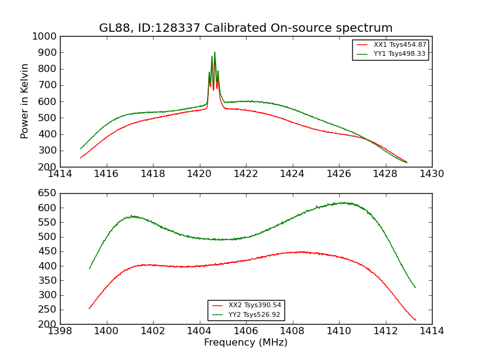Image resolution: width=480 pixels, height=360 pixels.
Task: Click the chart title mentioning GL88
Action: click(x=246, y=28)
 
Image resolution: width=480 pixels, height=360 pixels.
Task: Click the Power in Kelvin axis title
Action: click(x=25, y=101)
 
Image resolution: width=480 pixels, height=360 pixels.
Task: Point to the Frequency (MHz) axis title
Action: click(x=246, y=343)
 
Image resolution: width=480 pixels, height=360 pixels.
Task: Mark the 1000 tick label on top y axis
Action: click(x=46, y=36)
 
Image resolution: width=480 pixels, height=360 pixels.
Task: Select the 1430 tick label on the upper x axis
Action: click(x=431, y=174)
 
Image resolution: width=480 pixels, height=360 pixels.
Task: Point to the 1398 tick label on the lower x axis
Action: click(x=60, y=331)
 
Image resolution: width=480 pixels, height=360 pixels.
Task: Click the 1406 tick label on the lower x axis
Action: click(x=246, y=331)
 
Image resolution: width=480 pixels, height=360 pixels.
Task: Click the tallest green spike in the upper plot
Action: click(x=215, y=52)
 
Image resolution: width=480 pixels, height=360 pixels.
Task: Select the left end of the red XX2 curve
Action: click(x=89, y=309)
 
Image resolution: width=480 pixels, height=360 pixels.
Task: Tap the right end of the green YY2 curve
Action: click(x=415, y=287)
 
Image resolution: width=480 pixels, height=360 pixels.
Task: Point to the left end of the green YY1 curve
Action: click(x=80, y=149)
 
